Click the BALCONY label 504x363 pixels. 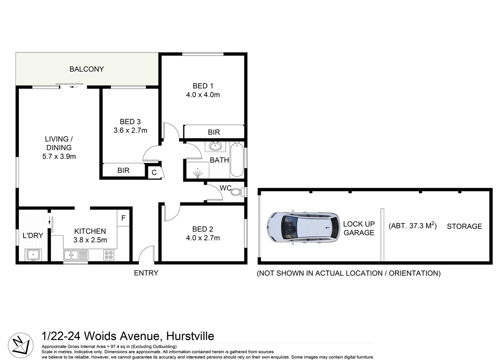(x=86, y=69)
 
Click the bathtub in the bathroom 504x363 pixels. (x=237, y=159)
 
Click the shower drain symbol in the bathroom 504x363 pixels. (x=197, y=173)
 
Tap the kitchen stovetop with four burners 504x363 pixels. (x=109, y=255)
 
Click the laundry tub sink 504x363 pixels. (x=33, y=255)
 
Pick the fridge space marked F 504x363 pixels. (x=123, y=218)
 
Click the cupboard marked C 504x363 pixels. (x=154, y=173)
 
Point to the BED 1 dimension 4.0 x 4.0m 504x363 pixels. (x=203, y=95)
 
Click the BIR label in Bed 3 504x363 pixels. (x=123, y=170)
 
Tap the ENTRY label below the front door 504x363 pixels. (x=146, y=273)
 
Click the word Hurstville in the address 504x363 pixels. (x=190, y=336)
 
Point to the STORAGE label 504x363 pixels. (x=464, y=227)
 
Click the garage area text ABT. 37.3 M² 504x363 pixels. (x=412, y=226)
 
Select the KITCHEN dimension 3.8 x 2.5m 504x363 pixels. (x=90, y=240)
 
